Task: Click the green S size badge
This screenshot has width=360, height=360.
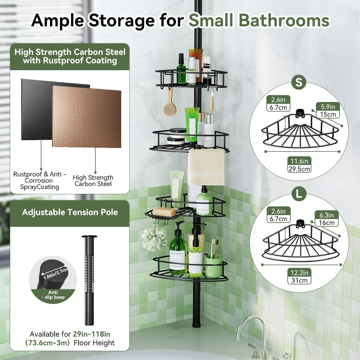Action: click(x=298, y=82)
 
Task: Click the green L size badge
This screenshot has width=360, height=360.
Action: click(x=298, y=193)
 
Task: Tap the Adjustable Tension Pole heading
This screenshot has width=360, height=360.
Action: click(x=70, y=212)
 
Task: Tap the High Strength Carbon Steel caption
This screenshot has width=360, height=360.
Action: click(x=93, y=181)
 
